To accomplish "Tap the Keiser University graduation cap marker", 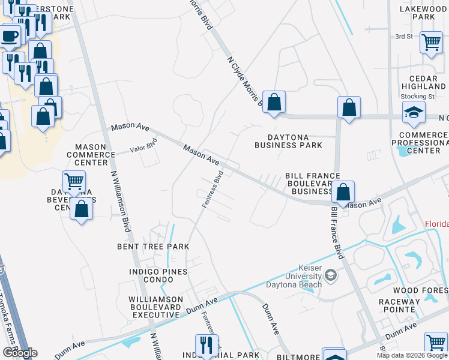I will [x=330, y=275].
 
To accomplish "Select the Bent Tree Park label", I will [x=153, y=247].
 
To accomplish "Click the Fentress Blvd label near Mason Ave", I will [x=213, y=190].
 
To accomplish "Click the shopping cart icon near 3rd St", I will [x=431, y=43].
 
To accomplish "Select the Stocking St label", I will [x=418, y=96].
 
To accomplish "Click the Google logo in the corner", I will [x=19, y=352].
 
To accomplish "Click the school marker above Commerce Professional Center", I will [x=413, y=112].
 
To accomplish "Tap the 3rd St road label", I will [x=404, y=37].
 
